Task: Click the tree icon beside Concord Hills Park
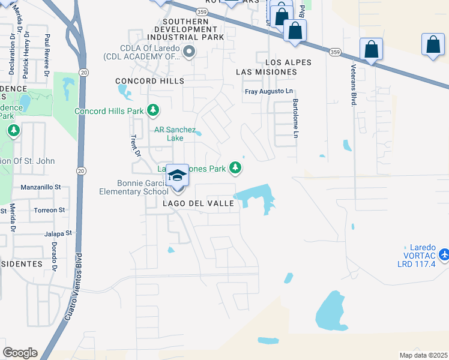pyautogui.click(x=154, y=110)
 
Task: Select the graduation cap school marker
pyautogui.click(x=177, y=175)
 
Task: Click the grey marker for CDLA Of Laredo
pyautogui.click(x=189, y=52)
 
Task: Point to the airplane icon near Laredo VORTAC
pyautogui.click(x=444, y=254)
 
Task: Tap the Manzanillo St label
pyautogui.click(x=41, y=187)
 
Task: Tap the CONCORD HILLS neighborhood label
pyautogui.click(x=149, y=81)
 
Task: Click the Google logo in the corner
pyautogui.click(x=20, y=353)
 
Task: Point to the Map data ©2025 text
pyautogui.click(x=423, y=355)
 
